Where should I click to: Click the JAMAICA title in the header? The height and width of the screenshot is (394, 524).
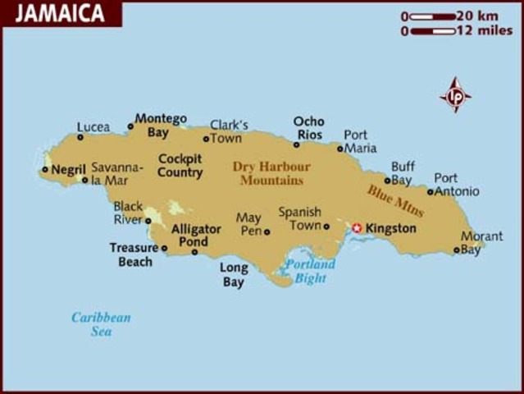pos(59,13)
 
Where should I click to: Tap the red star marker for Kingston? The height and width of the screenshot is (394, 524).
pos(357,228)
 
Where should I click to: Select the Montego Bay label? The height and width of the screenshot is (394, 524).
pos(160,125)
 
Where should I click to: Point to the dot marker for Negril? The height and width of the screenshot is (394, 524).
pos(45,170)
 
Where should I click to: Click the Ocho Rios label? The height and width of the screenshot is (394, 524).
pos(308,128)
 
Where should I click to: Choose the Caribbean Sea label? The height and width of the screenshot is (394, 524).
pos(101,324)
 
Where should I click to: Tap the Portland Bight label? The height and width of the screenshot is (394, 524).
pos(310,271)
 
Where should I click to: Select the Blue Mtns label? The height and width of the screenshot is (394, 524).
pos(397,200)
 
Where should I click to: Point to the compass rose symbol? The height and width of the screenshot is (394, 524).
pos(455,95)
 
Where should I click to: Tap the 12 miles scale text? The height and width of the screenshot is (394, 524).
pos(485,31)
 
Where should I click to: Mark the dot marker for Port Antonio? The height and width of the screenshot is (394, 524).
pos(431,192)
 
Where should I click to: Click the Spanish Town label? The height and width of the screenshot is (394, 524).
pos(299,218)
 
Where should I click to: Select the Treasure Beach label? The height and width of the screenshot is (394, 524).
pos(131,254)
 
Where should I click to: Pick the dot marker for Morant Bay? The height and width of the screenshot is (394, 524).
pos(457,250)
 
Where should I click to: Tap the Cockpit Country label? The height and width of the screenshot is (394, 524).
pos(180,166)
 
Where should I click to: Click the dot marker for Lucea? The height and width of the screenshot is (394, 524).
pos(80,137)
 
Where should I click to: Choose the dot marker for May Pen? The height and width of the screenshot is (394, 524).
pos(267,232)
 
